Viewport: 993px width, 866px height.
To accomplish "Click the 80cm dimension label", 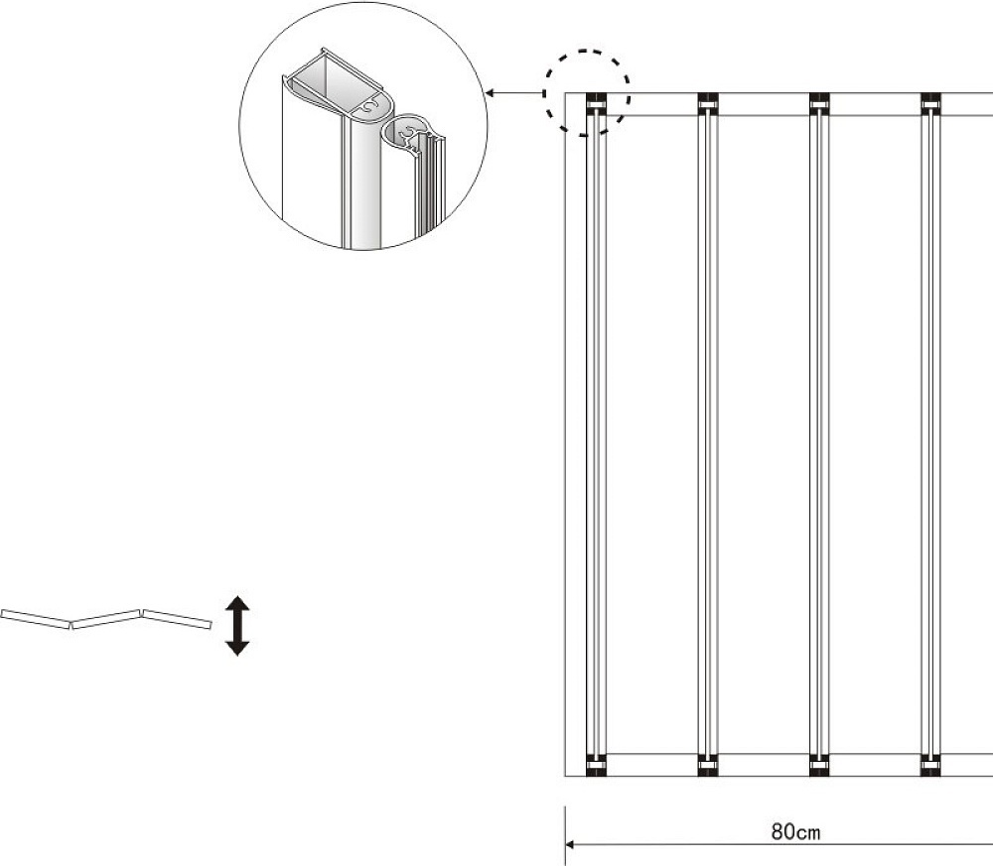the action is tap(795, 831).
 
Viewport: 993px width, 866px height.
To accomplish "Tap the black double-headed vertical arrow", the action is tap(237, 626).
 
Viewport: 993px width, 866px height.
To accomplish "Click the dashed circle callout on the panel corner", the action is tap(587, 92).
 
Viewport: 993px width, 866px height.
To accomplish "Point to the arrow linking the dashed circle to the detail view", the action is tap(514, 93).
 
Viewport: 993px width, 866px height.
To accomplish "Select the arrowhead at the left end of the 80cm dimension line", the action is tap(569, 844).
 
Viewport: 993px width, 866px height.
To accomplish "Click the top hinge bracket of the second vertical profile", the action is tap(708, 104).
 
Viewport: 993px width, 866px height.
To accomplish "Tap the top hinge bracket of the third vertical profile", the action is tap(819, 104).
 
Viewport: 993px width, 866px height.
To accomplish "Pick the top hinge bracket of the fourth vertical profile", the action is tap(931, 104).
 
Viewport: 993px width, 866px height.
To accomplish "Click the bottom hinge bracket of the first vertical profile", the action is tap(596, 765).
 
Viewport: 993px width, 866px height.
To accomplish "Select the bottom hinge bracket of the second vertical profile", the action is tap(708, 765).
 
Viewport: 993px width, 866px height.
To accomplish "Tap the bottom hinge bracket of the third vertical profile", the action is tap(819, 765).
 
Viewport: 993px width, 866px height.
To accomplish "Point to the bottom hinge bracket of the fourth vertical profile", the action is tap(931, 765).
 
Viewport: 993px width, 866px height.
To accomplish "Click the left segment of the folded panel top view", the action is tap(36, 619).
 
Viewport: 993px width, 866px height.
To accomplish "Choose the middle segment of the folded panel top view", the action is tap(106, 619).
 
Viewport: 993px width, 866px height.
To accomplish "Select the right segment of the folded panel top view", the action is tap(177, 619).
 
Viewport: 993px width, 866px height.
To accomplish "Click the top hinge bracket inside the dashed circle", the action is tap(596, 104).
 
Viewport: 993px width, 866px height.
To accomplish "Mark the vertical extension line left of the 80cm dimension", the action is tap(565, 835).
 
